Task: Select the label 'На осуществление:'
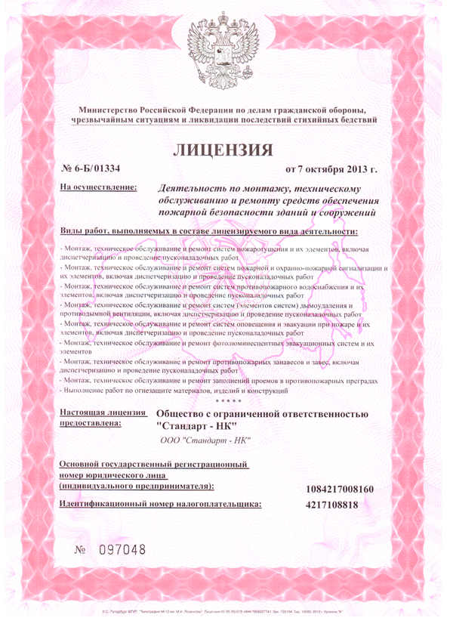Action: [x=98, y=187]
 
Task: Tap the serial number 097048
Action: [x=121, y=548]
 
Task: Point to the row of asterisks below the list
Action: [x=226, y=400]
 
